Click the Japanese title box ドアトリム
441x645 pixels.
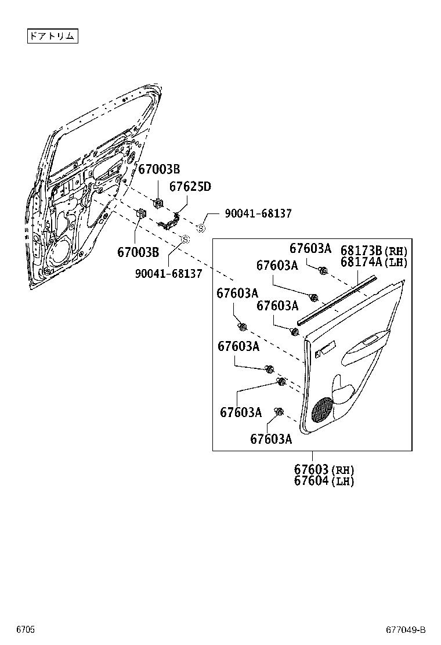[52, 36]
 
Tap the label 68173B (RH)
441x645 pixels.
[374, 251]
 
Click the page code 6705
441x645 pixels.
[25, 629]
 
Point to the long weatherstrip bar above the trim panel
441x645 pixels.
[337, 299]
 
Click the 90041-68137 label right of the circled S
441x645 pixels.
[258, 214]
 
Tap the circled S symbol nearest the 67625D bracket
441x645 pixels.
[201, 229]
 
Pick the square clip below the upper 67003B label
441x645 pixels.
[157, 203]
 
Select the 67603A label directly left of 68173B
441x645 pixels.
[310, 249]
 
